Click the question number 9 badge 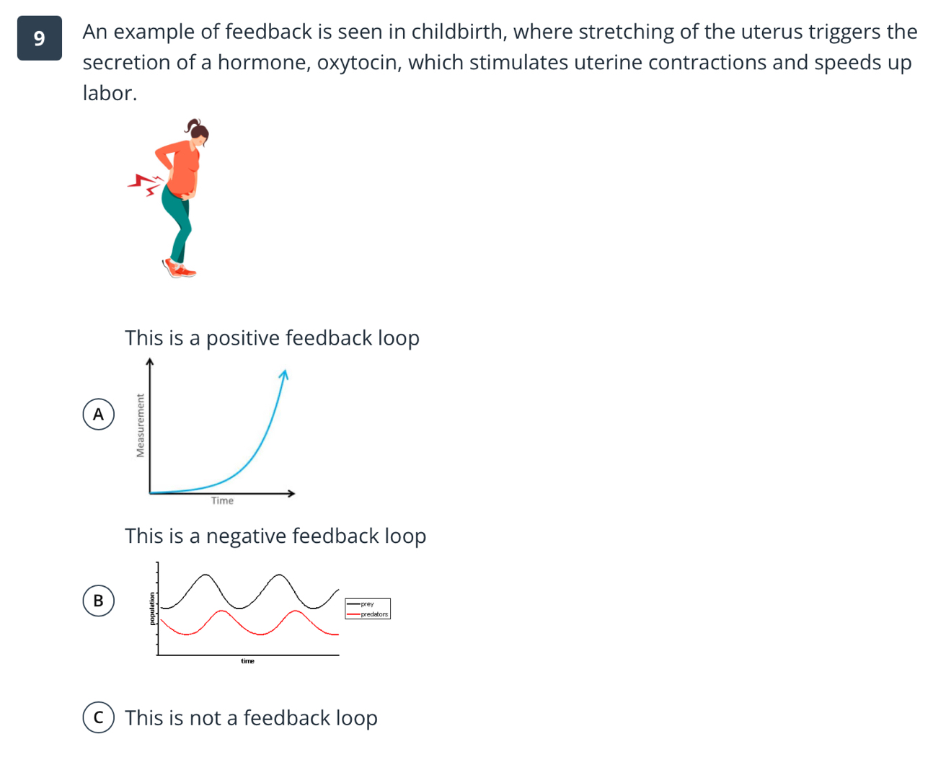[39, 38]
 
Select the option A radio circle [98, 415]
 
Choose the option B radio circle [98, 601]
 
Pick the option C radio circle [98, 718]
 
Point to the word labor [109, 93]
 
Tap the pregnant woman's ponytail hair [193, 126]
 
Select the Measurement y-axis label [141, 425]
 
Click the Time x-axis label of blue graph [222, 501]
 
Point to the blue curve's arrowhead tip [283, 373]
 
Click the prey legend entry [367, 604]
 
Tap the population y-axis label [152, 609]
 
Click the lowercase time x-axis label [247, 661]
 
